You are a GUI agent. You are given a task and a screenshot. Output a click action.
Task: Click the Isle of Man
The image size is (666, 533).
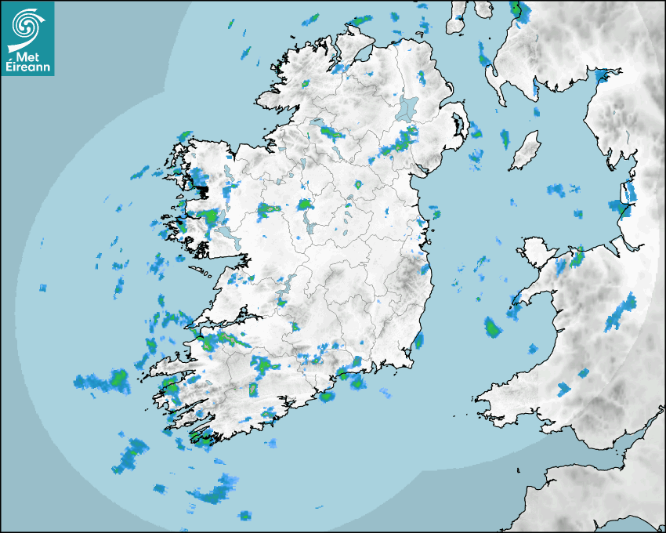click(x=525, y=150)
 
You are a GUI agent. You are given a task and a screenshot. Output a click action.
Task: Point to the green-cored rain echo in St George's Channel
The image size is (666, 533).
click(x=492, y=328)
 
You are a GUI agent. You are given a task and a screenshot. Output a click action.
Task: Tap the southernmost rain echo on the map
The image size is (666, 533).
click(x=245, y=515)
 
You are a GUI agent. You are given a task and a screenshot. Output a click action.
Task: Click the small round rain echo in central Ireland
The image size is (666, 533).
click(x=359, y=185)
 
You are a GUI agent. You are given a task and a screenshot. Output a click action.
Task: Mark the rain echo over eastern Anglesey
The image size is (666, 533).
click(x=578, y=256)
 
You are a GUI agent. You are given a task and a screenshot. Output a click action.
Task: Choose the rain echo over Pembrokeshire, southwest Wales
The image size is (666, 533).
click(x=563, y=388)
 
